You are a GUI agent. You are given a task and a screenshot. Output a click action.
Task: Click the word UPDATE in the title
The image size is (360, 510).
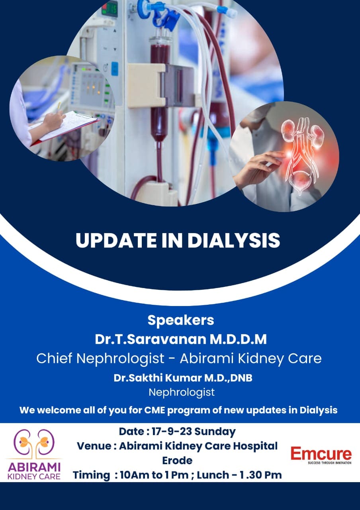pos(116,240)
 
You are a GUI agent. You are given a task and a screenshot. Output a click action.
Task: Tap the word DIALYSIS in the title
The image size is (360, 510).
pos(234,240)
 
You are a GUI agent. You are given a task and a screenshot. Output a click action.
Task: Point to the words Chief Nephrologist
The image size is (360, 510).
pos(100,358)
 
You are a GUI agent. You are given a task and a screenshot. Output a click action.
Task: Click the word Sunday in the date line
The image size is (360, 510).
pos(215,432)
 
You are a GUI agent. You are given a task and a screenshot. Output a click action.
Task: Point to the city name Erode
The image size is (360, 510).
pos(177,460)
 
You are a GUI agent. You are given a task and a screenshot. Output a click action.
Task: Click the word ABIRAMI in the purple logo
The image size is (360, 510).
pos(34,467)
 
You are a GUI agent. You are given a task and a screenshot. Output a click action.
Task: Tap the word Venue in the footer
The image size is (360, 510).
pos(94,446)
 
